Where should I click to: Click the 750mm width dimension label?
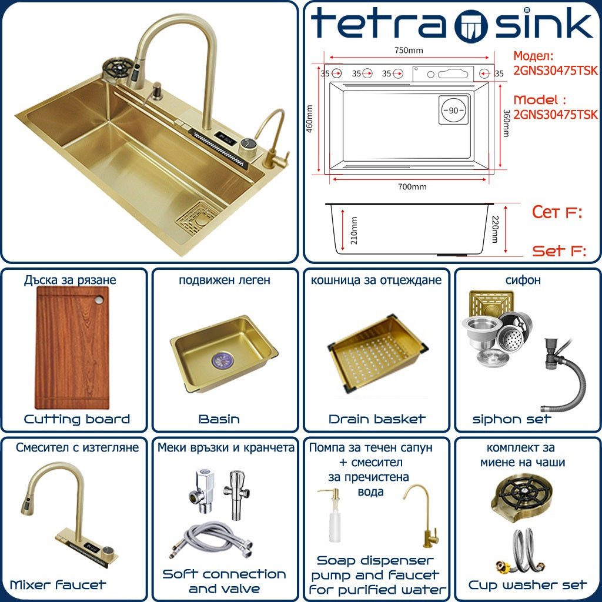pyautogui.click(x=409, y=51)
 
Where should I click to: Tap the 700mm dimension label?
pyautogui.click(x=412, y=187)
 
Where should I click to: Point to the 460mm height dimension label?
pyautogui.click(x=309, y=119)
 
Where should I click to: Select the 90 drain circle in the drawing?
pyautogui.click(x=453, y=110)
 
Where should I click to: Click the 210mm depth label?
pyautogui.click(x=354, y=230)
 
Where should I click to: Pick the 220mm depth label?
pyautogui.click(x=495, y=230)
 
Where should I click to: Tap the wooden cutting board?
pyautogui.click(x=72, y=347)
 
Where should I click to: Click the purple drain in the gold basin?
pyautogui.click(x=223, y=361)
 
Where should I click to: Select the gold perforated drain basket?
pyautogui.click(x=379, y=353)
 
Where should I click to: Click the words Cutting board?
pyautogui.click(x=77, y=419)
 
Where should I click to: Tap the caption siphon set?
pyautogui.click(x=512, y=419)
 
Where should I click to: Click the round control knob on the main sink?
pyautogui.click(x=249, y=148)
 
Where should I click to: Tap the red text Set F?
pyautogui.click(x=559, y=251)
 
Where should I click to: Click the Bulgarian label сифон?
pyautogui.click(x=523, y=280)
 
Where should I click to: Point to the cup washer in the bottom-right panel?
pyautogui.click(x=521, y=499)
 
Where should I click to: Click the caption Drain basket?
pyautogui.click(x=377, y=419)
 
